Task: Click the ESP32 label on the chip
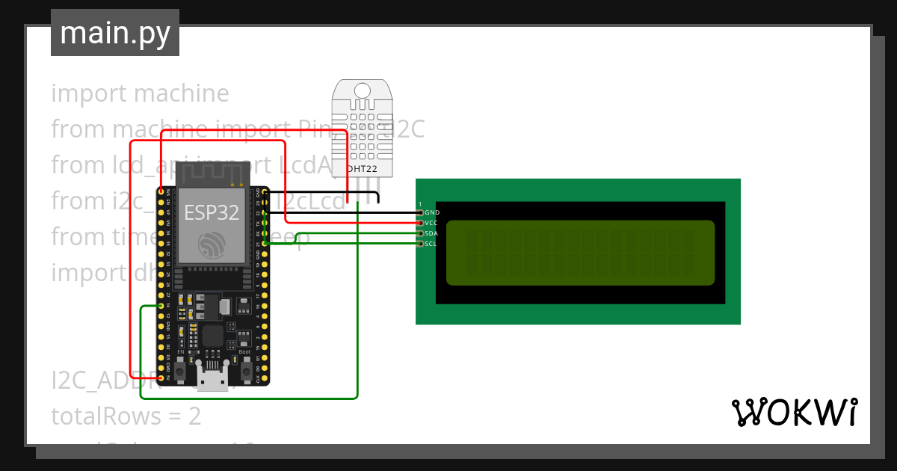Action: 212,213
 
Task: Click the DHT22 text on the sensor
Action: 363,169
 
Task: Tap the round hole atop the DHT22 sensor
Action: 363,90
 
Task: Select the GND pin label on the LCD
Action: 432,213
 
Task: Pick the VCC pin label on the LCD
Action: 431,223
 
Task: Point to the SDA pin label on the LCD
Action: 431,233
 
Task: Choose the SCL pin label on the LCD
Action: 431,244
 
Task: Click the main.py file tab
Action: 115,34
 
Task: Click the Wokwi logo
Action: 794,413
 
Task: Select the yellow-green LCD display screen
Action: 580,253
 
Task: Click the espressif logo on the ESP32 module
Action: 212,246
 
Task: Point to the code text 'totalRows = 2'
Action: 126,416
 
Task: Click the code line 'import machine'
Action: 141,93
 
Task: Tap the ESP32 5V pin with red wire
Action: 161,378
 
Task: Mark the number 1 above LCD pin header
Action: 420,204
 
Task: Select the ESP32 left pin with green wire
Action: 161,307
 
